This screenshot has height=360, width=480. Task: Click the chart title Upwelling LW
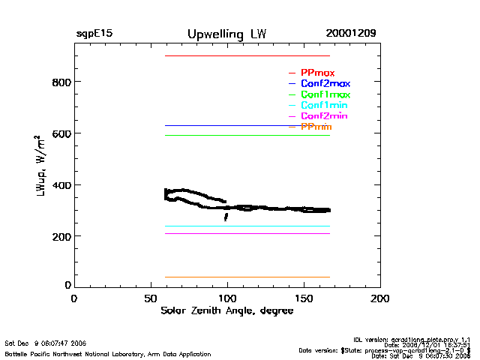click(x=226, y=34)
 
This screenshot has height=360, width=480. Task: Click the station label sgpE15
click(x=94, y=34)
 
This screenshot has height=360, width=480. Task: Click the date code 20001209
click(x=351, y=34)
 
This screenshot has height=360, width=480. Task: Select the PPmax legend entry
click(x=317, y=73)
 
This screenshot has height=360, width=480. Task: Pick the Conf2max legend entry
click(x=325, y=84)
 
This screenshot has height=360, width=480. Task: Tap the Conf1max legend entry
click(x=325, y=94)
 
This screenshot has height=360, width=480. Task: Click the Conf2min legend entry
click(x=323, y=117)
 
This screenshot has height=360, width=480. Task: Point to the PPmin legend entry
click(x=316, y=127)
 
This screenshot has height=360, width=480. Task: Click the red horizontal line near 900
click(x=247, y=55)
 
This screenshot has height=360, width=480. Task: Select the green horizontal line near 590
click(x=247, y=135)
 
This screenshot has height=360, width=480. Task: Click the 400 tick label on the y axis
click(x=62, y=185)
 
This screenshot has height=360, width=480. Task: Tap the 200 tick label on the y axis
click(x=62, y=237)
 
